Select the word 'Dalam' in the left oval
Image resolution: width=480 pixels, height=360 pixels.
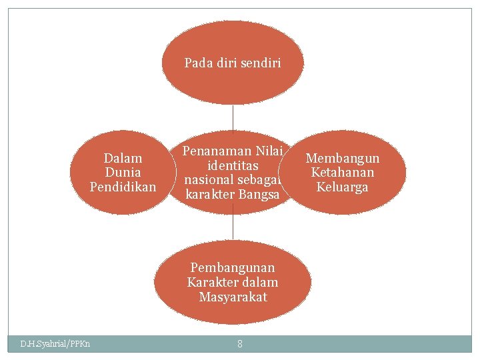click(x=123, y=158)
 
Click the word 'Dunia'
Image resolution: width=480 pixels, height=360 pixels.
click(x=123, y=172)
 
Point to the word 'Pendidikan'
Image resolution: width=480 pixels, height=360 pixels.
click(x=123, y=187)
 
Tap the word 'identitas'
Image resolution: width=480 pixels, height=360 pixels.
click(x=233, y=165)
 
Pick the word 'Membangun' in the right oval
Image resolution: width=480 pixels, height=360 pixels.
click(x=343, y=158)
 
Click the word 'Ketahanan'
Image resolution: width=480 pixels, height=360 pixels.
click(x=343, y=172)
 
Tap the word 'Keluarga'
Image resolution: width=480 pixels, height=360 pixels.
click(x=343, y=187)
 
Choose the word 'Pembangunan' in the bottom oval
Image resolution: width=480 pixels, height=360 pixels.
click(x=233, y=267)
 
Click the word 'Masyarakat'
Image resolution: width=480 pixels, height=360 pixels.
click(x=233, y=297)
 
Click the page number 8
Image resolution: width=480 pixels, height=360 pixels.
click(x=239, y=344)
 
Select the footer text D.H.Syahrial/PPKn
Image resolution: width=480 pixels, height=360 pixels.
click(x=55, y=344)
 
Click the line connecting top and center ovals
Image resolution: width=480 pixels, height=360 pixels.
click(x=233, y=117)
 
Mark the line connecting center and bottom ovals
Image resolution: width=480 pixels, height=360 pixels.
click(x=233, y=227)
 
